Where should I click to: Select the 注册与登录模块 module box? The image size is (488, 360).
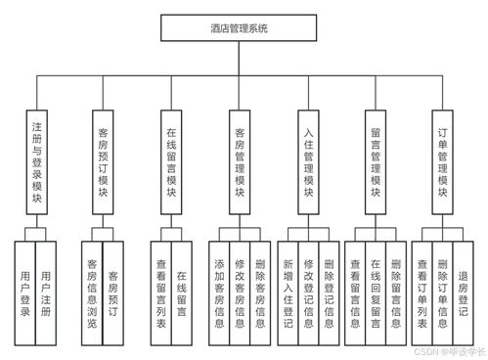[x=35, y=160]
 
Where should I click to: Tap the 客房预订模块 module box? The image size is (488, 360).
[x=103, y=160]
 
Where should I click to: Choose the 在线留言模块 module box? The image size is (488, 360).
[x=171, y=160]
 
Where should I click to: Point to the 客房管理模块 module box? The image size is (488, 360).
[x=239, y=160]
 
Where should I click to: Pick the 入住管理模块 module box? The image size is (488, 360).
[x=307, y=160]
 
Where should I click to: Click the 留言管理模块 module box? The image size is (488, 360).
[x=376, y=160]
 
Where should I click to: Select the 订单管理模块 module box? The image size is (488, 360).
[x=443, y=160]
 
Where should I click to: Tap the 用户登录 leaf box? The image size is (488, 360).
[x=25, y=291]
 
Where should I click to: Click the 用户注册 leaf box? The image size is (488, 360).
[x=46, y=291]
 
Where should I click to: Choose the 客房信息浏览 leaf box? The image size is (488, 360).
[x=92, y=291]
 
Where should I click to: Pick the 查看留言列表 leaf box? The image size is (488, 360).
[x=160, y=291]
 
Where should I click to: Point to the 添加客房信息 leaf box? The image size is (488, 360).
[x=219, y=291]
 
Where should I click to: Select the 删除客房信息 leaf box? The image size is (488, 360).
[x=259, y=291]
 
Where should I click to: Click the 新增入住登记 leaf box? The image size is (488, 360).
[x=288, y=291]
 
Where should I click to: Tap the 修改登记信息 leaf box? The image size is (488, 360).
[x=308, y=291]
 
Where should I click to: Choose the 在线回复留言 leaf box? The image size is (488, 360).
[x=376, y=291]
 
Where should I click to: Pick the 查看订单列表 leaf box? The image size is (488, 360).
[x=422, y=291]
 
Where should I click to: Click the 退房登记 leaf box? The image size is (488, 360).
[x=464, y=291]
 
